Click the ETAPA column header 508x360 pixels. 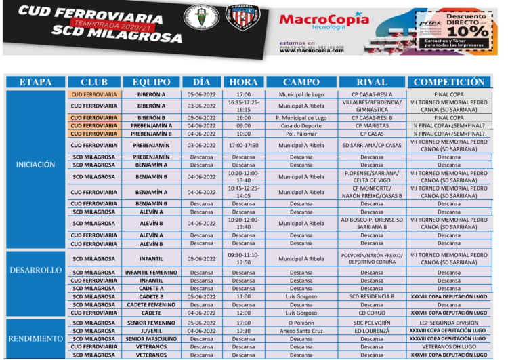click(36, 82)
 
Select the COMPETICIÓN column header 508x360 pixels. click(448, 82)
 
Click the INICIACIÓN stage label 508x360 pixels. click(36, 165)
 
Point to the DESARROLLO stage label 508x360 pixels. click(36, 270)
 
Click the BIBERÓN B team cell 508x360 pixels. click(152, 117)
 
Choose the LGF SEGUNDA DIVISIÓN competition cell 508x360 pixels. click(448, 323)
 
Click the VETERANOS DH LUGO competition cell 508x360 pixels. click(448, 346)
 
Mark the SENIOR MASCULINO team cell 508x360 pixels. click(152, 338)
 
